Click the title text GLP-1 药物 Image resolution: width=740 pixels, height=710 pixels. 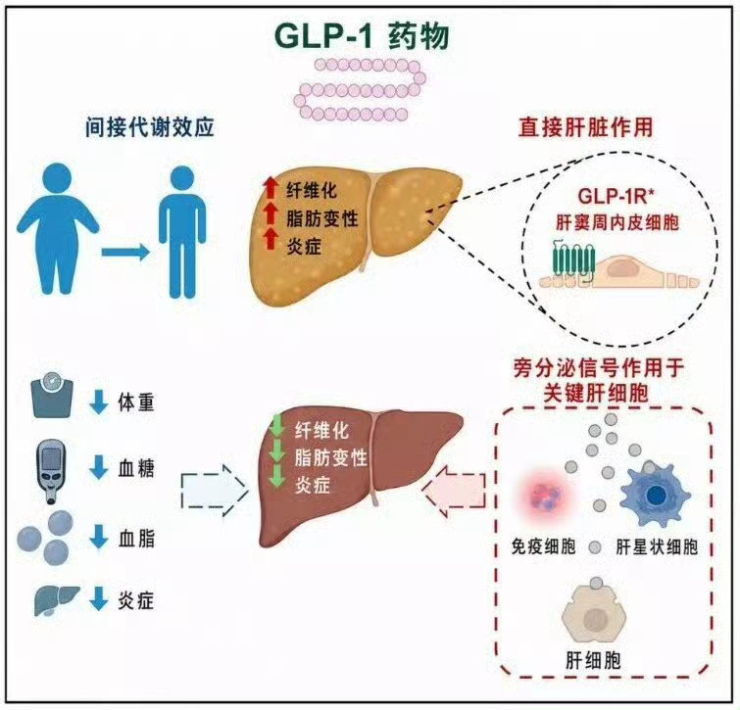coord(362,37)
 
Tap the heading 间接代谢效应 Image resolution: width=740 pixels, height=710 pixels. coord(150,127)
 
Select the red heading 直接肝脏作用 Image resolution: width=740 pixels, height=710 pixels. coord(586,127)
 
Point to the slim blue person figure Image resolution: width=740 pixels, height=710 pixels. coord(182,231)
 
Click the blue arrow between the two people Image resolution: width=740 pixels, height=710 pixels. coord(125,253)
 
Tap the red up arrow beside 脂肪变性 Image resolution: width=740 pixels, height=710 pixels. coord(271,213)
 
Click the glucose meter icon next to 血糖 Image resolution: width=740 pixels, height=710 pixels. coord(51,472)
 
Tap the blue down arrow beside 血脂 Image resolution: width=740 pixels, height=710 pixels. coord(99,537)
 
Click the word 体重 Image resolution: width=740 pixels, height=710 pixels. coord(136,402)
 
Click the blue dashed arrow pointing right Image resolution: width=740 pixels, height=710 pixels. coord(215,491)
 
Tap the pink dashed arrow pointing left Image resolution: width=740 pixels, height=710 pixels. coord(453,492)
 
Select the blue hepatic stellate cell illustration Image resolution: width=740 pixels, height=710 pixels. coord(656,495)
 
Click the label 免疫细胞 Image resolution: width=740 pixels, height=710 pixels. coord(543,546)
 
